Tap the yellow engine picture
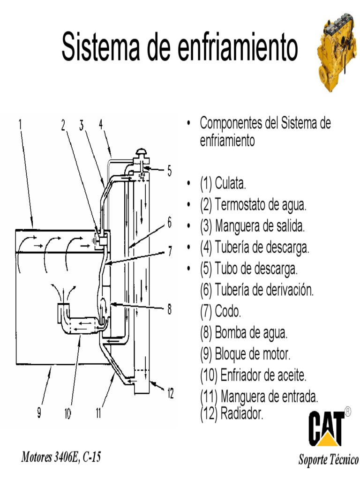coord(337,52)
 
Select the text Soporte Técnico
coord(328,459)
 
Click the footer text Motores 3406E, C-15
coord(60,457)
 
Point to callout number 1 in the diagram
coord(21,125)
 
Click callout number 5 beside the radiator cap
coord(169,171)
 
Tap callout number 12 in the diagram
coord(170,393)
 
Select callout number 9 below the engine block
coord(39,413)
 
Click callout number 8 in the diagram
coord(169,309)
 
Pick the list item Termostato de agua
coord(253,204)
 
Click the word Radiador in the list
coord(242,414)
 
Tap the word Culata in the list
coord(231,183)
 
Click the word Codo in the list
coord(228,311)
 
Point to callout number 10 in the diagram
coord(67,413)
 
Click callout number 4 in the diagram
coord(101,125)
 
